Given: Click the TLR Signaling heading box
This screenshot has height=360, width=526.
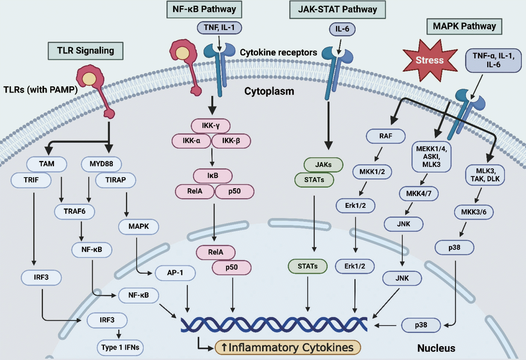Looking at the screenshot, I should [x=86, y=51].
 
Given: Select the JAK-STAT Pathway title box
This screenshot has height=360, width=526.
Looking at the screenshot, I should [x=337, y=10].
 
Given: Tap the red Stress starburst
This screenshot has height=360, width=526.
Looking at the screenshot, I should [x=430, y=60].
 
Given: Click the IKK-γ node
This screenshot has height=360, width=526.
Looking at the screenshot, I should [x=211, y=126].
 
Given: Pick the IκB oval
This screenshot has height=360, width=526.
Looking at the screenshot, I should [x=213, y=176].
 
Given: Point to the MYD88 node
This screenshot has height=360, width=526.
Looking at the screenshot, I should [x=101, y=164].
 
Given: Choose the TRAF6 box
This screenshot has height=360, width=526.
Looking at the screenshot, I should [x=75, y=211].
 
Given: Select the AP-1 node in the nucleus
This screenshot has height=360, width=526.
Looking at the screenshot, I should [x=175, y=273].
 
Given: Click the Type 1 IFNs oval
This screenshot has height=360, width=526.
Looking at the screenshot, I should [x=120, y=348].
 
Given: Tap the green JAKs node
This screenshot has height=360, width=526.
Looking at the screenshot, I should [x=323, y=165].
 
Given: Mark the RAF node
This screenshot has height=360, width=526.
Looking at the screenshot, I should [x=386, y=136].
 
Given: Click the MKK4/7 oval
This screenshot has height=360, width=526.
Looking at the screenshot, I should [x=419, y=194].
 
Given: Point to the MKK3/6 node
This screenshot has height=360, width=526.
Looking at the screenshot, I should [x=474, y=212].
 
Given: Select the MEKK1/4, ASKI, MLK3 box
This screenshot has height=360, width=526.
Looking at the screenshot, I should [x=431, y=157].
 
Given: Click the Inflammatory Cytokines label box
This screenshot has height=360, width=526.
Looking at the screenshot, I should [x=288, y=348].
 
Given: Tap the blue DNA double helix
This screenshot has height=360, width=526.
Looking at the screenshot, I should [x=274, y=324].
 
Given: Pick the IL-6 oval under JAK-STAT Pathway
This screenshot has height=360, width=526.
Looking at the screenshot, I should [x=342, y=29].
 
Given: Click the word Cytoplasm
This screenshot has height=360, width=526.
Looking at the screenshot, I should [x=269, y=91].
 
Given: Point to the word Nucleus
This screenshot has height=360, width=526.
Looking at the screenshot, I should [x=436, y=348].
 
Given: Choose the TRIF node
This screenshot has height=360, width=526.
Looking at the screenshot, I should [x=31, y=180].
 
